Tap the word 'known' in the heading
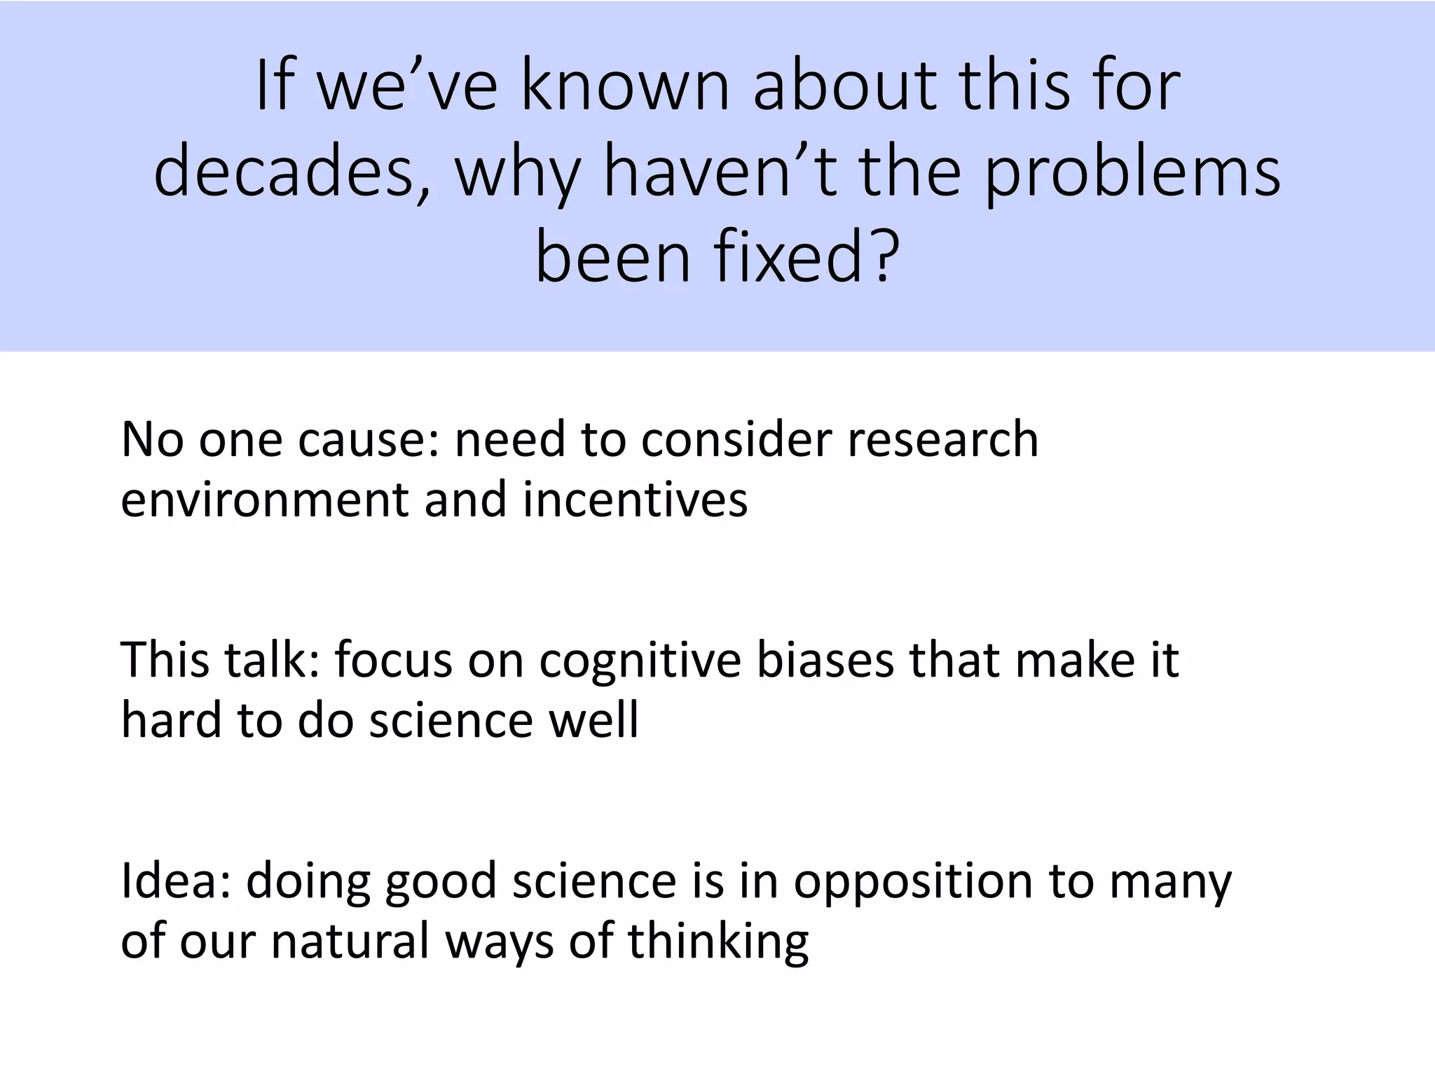click(x=624, y=87)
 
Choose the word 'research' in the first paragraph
click(x=942, y=440)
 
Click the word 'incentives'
click(x=635, y=500)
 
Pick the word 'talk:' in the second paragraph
click(x=270, y=661)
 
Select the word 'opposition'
click(x=912, y=881)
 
